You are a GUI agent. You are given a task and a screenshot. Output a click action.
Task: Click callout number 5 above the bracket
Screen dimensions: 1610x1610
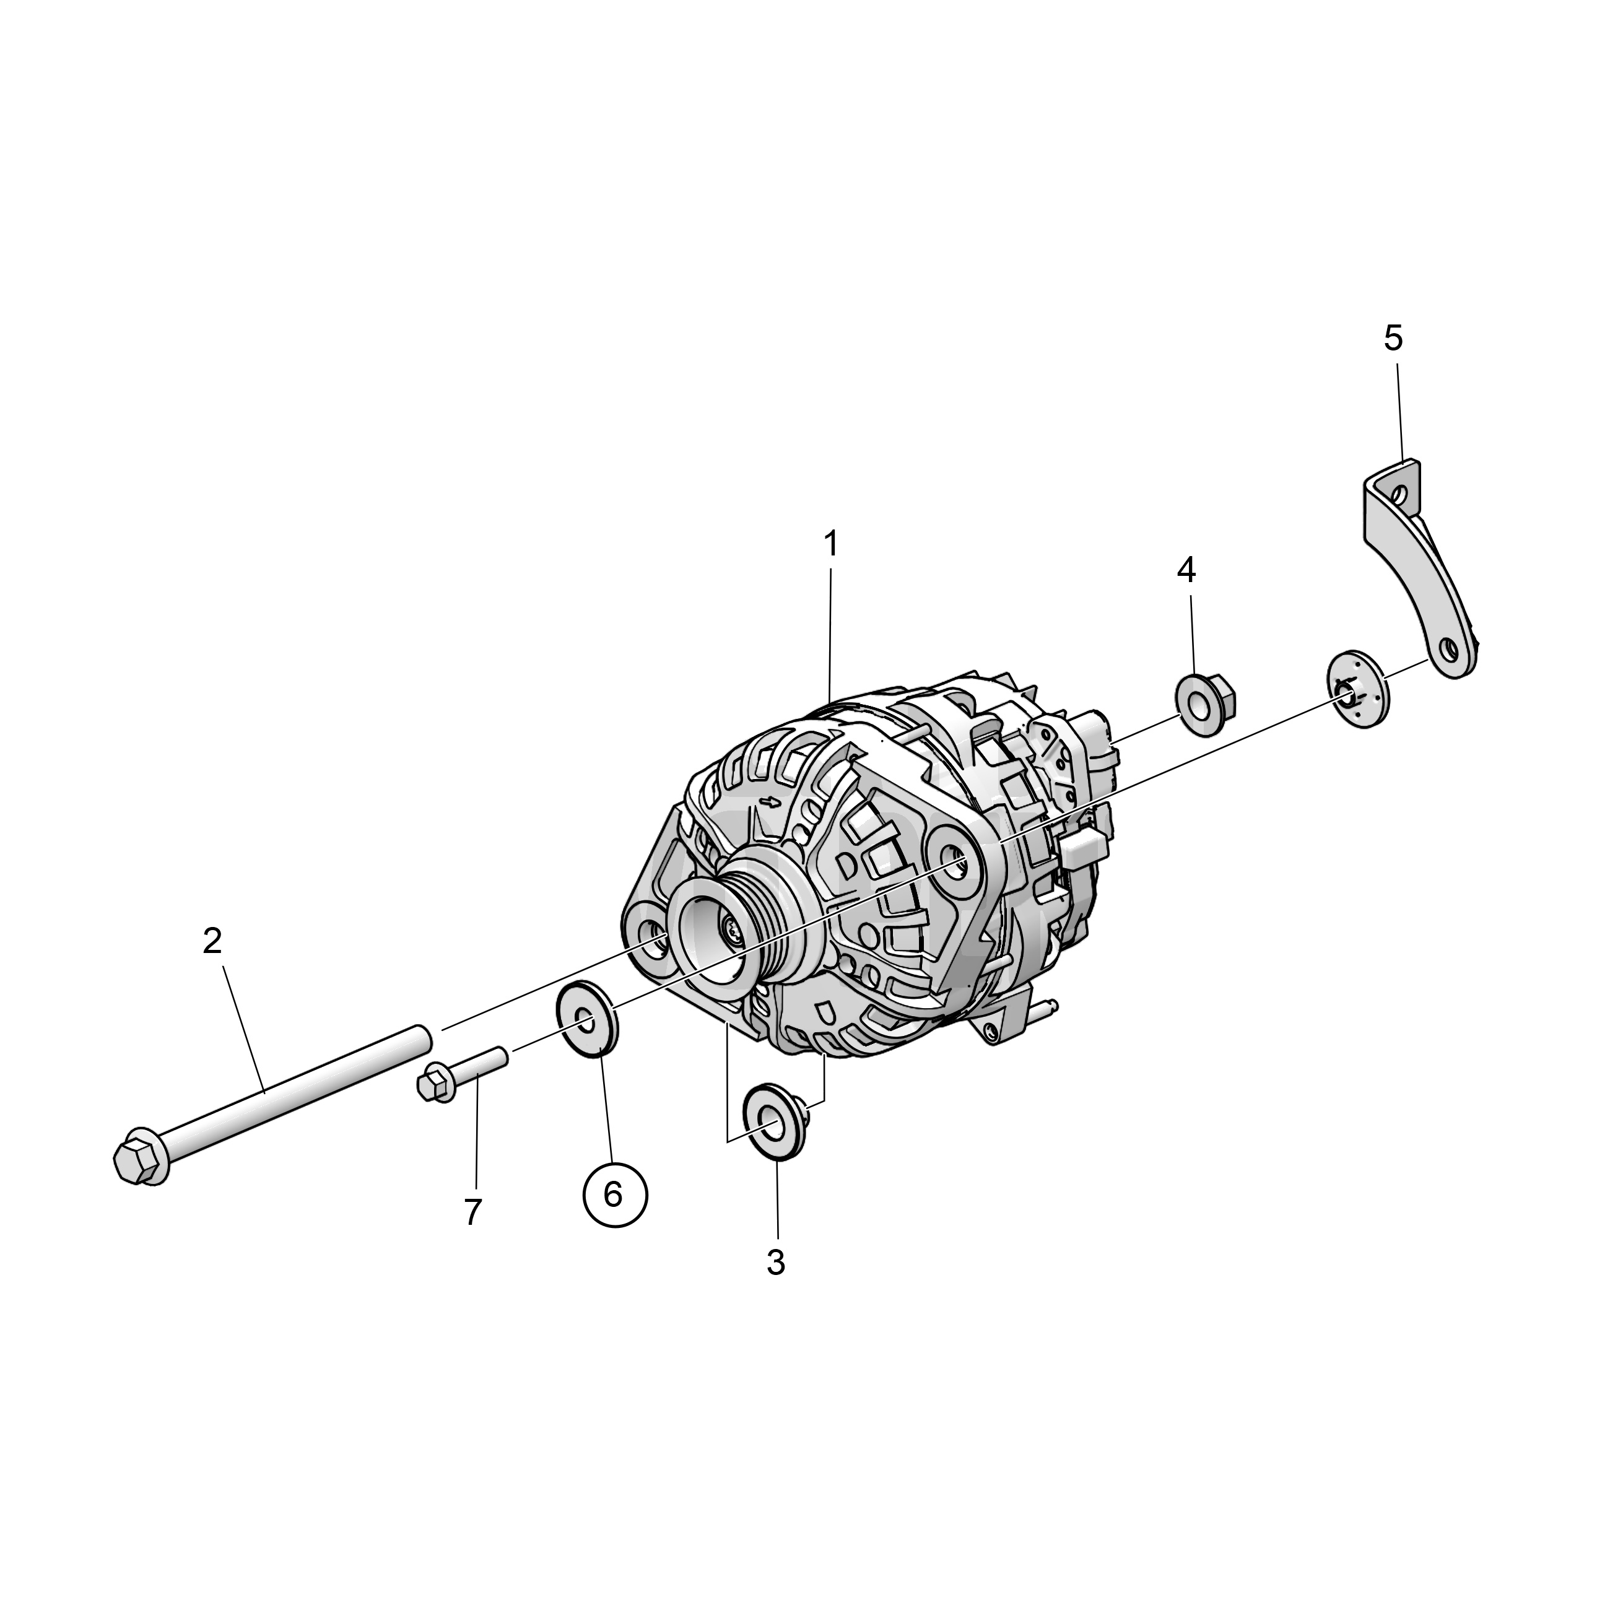[1393, 338]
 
